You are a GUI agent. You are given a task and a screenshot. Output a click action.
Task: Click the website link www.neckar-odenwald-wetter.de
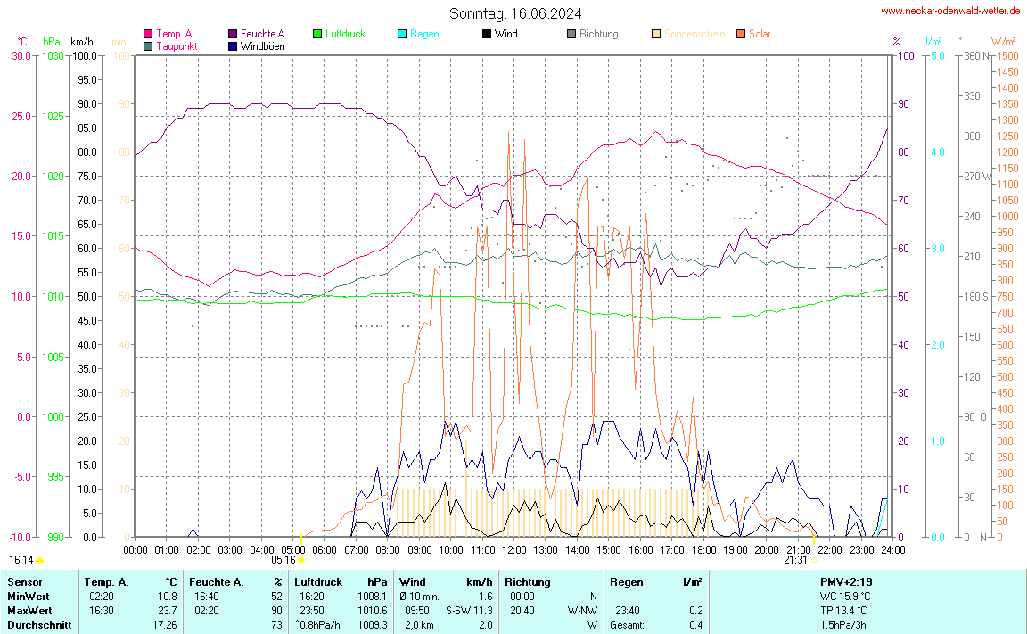tap(949, 11)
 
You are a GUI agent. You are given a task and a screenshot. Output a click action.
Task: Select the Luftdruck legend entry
tap(345, 34)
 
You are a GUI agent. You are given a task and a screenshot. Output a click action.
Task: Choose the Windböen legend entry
tap(262, 45)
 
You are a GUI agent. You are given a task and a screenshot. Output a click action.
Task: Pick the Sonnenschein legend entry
tap(694, 34)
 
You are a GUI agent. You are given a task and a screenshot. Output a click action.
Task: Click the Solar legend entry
tap(760, 34)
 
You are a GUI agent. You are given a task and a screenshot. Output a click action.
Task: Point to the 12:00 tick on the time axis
tap(514, 550)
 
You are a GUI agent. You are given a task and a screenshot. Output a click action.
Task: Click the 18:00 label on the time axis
tap(704, 550)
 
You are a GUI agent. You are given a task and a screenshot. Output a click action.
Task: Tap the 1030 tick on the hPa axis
tap(53, 56)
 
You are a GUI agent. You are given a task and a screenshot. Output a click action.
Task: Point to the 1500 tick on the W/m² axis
tap(1007, 56)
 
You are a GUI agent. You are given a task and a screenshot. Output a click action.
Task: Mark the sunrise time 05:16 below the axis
tap(283, 560)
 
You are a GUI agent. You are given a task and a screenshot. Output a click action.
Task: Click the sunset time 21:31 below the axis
tap(796, 560)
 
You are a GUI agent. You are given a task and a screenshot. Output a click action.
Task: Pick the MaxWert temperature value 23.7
tap(167, 611)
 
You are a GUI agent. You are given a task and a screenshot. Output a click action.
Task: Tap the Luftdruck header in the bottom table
tap(318, 582)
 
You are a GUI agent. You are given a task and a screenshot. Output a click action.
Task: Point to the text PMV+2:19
tap(847, 582)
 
